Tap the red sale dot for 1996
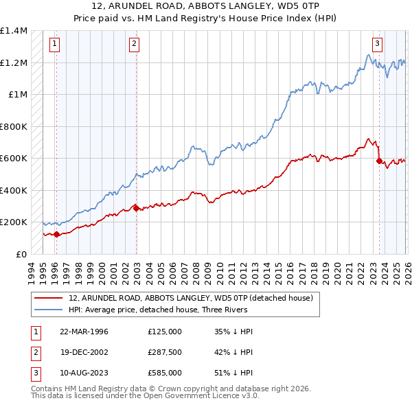click(x=56, y=234)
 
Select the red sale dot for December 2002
click(x=136, y=208)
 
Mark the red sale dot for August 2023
click(x=379, y=161)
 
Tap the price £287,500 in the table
click(x=165, y=352)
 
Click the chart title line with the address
click(x=206, y=5)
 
